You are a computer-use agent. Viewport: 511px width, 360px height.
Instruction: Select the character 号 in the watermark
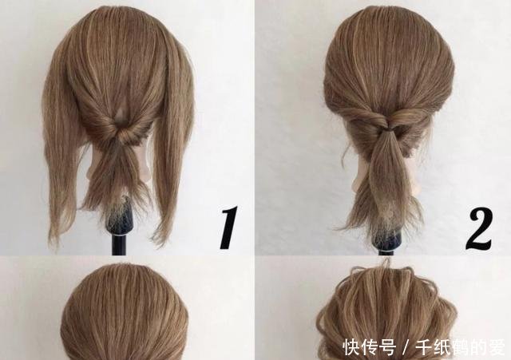click(388, 346)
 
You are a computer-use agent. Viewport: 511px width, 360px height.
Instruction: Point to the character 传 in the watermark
click(370, 346)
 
